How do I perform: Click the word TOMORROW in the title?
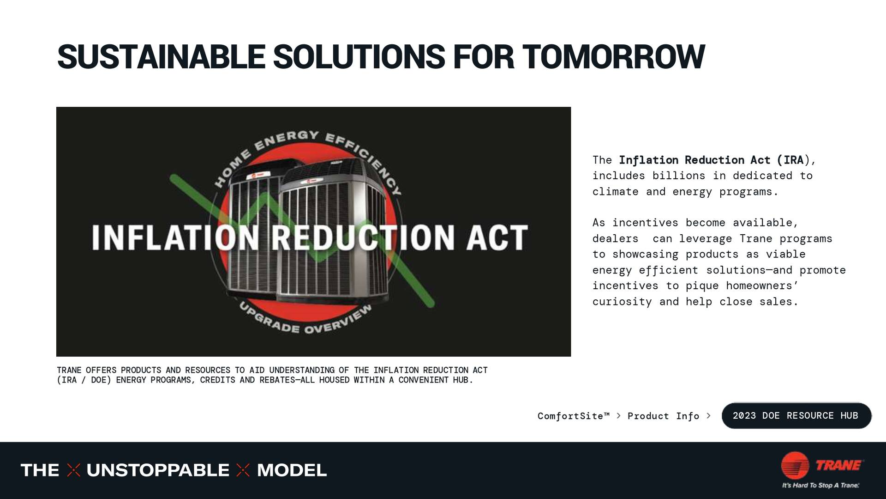tap(613, 57)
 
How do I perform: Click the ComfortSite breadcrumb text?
tap(573, 416)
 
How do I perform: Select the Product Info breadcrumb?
tap(663, 416)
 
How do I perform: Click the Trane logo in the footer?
tap(821, 465)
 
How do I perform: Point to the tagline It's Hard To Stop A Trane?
tap(820, 485)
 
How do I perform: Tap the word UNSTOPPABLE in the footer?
tap(158, 470)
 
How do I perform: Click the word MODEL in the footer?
tap(292, 470)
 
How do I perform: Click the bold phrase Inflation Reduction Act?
tap(694, 160)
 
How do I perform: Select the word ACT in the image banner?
tap(497, 237)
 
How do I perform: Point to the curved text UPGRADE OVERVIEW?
tap(305, 321)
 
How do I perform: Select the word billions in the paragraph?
tap(678, 176)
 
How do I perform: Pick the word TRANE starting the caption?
tap(69, 370)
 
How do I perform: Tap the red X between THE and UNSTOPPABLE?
tap(73, 470)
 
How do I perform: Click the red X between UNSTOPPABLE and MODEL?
tap(243, 470)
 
